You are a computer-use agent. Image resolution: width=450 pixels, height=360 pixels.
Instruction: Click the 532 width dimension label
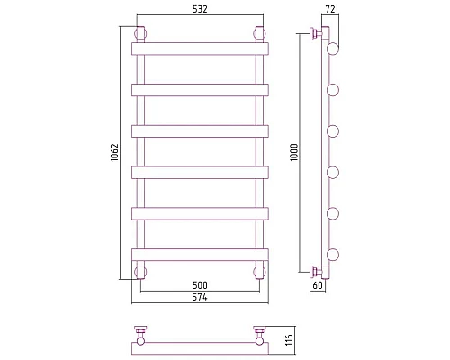(x=200, y=9)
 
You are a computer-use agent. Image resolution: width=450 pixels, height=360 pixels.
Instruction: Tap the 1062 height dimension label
(x=115, y=153)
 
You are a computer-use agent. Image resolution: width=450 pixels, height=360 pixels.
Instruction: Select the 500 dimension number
(x=200, y=285)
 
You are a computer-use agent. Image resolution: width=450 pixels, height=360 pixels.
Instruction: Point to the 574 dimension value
(x=200, y=297)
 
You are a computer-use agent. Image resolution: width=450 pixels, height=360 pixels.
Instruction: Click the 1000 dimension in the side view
(x=294, y=152)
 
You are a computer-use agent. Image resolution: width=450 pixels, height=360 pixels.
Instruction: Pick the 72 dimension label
(x=330, y=9)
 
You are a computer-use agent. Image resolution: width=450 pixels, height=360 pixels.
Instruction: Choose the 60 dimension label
(x=318, y=285)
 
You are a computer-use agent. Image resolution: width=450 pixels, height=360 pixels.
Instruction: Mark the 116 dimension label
(x=289, y=340)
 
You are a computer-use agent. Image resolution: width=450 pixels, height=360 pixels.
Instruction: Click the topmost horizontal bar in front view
(x=200, y=49)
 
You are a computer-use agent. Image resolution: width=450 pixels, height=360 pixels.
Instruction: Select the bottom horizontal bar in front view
(x=200, y=255)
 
